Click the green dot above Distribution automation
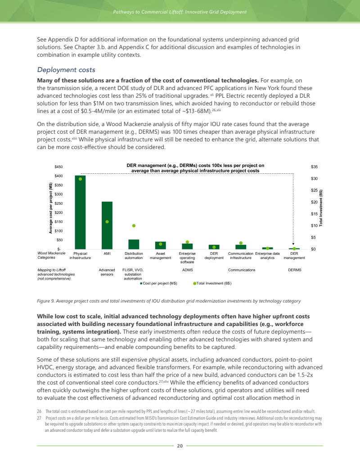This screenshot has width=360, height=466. pyautogui.click(x=134, y=226)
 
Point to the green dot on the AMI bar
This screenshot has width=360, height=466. pyautogui.click(x=107, y=222)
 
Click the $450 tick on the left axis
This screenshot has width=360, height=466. pyautogui.click(x=58, y=167)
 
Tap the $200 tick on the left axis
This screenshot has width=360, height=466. pyautogui.click(x=58, y=213)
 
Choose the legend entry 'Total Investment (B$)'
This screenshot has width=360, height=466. pyautogui.click(x=212, y=284)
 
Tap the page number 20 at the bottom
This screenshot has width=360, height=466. pyautogui.click(x=180, y=446)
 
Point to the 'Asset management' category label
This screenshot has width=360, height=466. pyautogui.click(x=160, y=256)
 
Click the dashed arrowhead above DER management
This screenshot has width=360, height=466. pyautogui.click(x=293, y=244)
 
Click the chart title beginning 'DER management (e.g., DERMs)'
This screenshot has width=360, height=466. pyautogui.click(x=195, y=168)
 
